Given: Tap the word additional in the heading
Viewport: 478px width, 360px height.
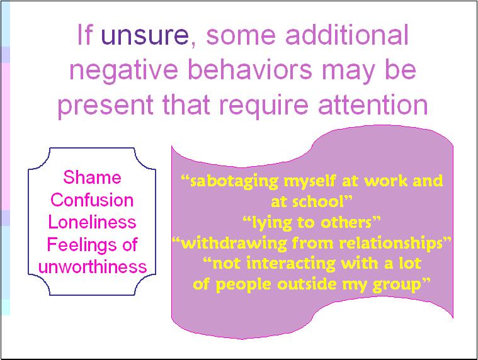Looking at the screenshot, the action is pos(347,34).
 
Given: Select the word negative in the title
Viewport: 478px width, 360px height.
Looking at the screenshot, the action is pos(123,70).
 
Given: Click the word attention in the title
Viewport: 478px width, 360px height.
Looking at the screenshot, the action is pos(373,104).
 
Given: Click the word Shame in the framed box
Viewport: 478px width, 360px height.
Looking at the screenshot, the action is pos(92,177).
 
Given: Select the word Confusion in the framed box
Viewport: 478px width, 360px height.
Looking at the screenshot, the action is pos(92,200).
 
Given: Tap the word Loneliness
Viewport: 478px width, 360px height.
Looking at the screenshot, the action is pos(92,222).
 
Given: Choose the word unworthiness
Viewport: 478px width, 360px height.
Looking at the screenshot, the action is pos(93,266).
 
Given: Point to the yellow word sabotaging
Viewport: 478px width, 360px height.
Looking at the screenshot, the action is pos(234,182).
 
